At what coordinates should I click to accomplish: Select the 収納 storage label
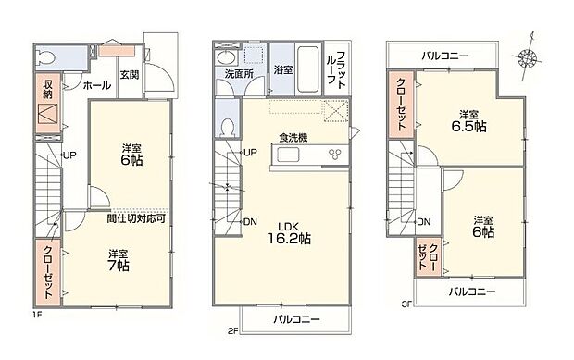[x=49, y=89]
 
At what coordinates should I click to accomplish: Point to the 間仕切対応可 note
[x=136, y=219]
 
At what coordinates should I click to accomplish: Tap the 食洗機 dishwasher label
[x=293, y=139]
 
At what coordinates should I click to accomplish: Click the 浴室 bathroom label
[x=281, y=69]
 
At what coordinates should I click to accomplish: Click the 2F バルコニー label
[x=296, y=320]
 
